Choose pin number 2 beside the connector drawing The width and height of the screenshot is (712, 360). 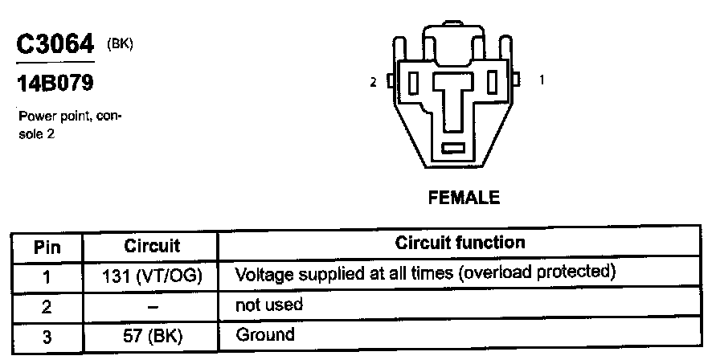[x=373, y=81]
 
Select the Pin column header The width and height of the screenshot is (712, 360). [x=47, y=246]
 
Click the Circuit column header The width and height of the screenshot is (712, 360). [x=152, y=244]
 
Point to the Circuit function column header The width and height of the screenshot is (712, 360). [x=460, y=243]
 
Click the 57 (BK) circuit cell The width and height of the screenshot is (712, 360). [x=152, y=336]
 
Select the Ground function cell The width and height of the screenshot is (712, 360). [x=265, y=334]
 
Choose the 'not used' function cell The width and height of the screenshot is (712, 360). [x=268, y=305]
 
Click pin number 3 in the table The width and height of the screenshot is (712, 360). [x=47, y=337]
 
